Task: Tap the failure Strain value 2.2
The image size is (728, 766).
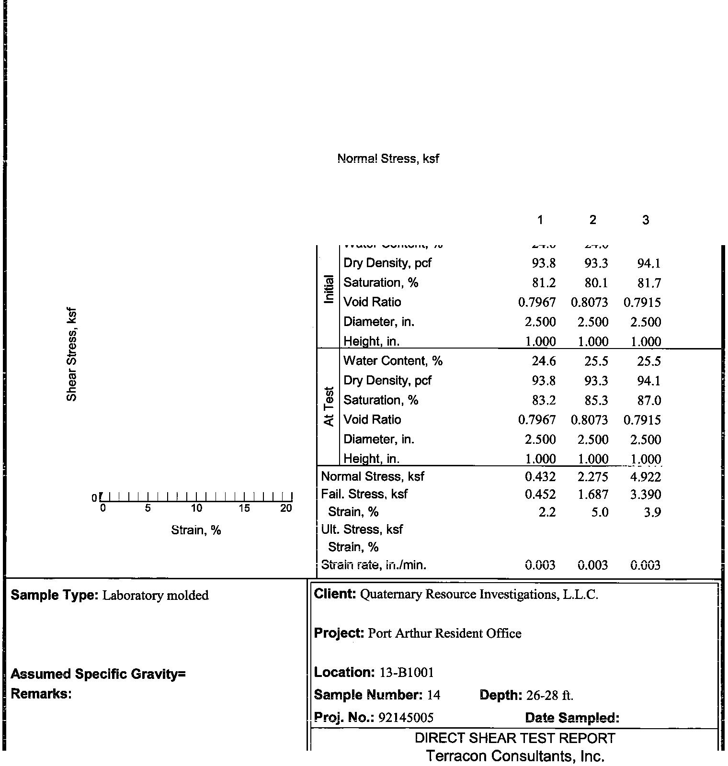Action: point(546,512)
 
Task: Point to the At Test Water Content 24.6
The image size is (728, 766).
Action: point(544,361)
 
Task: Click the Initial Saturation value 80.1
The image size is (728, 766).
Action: point(596,283)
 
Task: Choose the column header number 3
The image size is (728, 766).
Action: point(645,220)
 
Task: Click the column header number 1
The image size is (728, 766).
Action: point(540,220)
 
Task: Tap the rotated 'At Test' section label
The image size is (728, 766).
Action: point(328,406)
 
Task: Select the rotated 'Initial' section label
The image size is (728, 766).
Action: point(329,289)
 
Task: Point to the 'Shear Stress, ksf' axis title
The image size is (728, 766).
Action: point(71,354)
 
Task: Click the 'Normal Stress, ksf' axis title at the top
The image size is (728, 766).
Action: point(388,158)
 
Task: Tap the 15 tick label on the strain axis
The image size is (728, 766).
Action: point(244,508)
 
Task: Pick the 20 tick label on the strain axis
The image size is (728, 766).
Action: point(286,508)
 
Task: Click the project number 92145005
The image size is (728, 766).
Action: point(406,717)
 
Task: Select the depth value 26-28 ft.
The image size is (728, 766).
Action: point(549,695)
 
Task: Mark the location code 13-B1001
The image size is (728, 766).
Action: point(407,673)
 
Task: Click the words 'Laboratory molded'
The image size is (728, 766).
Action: point(156,595)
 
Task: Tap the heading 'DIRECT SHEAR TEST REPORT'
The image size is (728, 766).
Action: point(515,738)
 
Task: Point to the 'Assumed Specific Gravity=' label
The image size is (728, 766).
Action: point(98,674)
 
